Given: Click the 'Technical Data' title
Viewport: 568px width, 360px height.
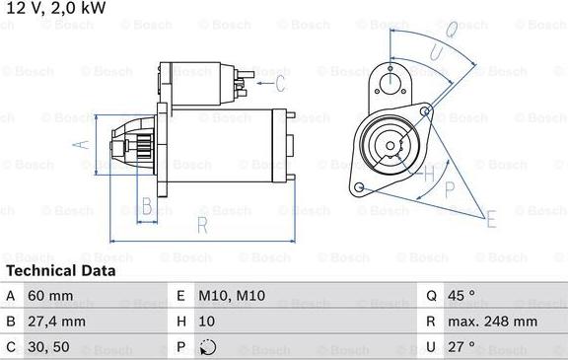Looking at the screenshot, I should (60, 270).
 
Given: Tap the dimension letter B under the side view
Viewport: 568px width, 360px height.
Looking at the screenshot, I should (146, 207).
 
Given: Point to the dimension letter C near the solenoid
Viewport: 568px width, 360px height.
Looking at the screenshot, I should (280, 82).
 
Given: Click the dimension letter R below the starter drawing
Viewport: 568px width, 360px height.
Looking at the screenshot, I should (201, 225).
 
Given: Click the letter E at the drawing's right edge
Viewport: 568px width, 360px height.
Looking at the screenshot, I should (492, 219).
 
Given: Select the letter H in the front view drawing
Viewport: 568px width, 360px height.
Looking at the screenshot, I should (428, 175).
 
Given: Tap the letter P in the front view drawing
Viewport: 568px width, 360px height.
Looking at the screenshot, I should (450, 189).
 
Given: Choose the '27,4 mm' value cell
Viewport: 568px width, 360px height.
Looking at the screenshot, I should (58, 322).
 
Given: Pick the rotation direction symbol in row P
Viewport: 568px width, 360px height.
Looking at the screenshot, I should (206, 346).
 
